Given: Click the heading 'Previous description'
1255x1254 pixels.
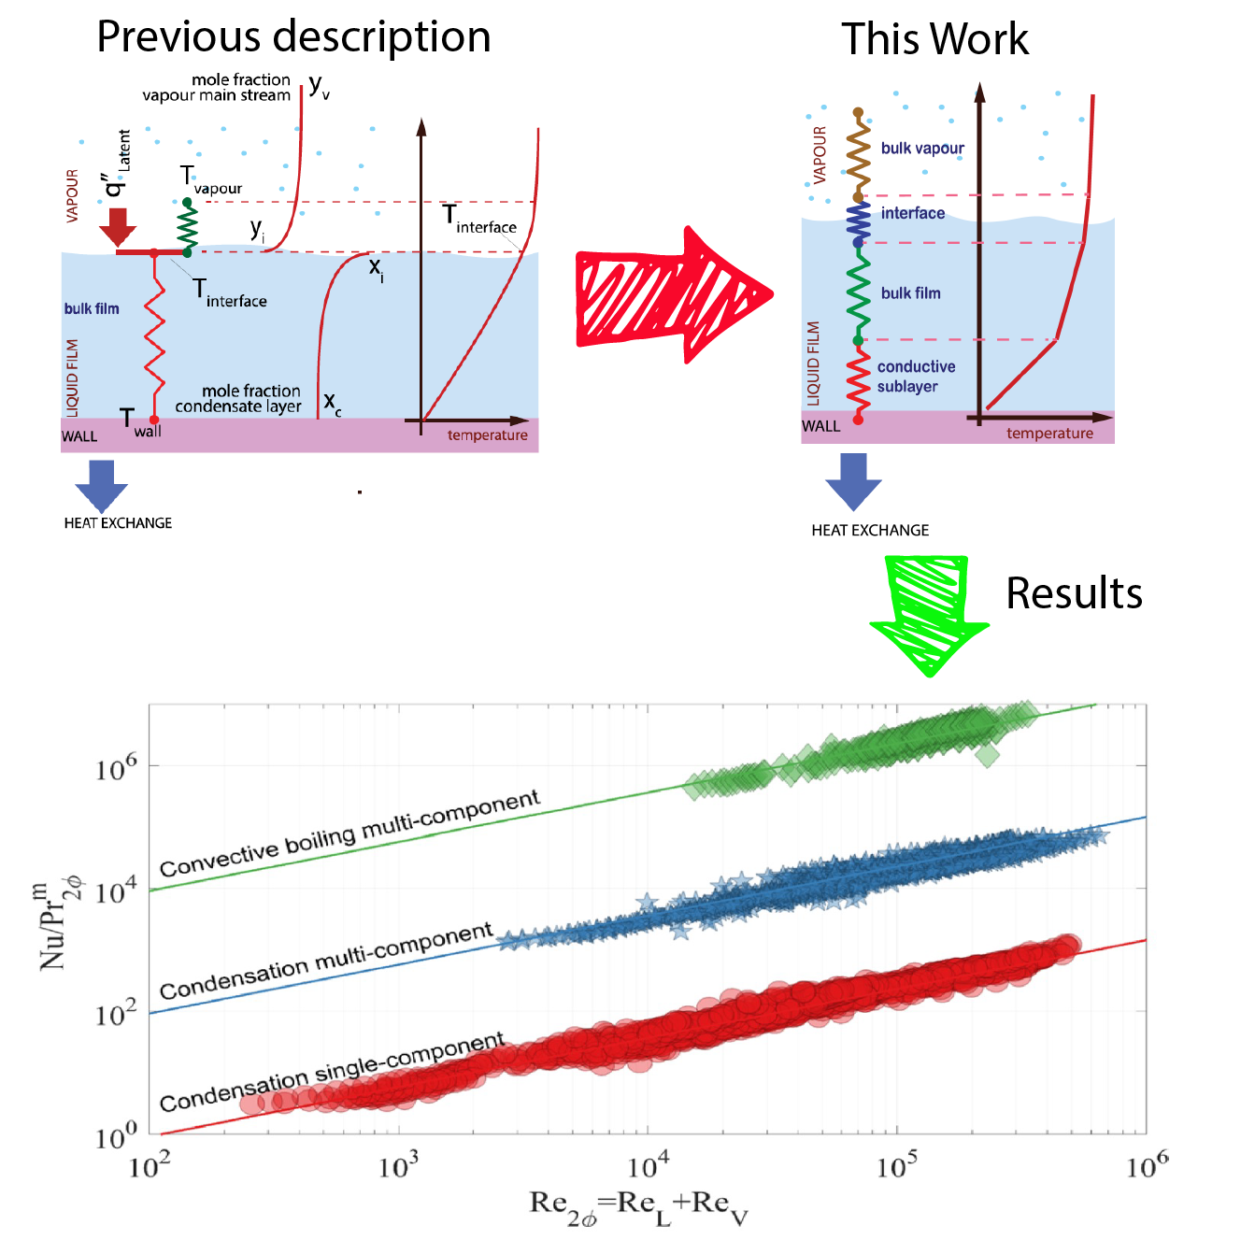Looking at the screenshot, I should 293,37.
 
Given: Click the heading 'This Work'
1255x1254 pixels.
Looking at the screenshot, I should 934,40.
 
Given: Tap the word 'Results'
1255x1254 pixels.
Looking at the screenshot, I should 1074,593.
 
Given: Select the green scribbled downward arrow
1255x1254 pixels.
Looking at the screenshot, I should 929,613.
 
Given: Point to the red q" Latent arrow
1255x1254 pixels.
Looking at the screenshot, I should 118,225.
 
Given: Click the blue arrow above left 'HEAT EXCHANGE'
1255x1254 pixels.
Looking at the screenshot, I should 101,484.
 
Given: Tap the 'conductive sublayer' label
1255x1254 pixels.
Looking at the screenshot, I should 915,377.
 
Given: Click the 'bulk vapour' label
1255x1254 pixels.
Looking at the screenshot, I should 922,149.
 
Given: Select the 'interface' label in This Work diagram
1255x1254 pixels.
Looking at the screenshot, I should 912,213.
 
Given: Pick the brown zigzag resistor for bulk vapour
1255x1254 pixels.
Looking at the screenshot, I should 858,154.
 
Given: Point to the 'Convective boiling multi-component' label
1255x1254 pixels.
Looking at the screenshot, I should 349,834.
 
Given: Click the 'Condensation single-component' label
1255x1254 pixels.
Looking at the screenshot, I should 332,1073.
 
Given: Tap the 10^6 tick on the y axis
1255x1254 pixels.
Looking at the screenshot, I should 116,768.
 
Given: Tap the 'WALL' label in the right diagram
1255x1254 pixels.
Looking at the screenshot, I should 820,426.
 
